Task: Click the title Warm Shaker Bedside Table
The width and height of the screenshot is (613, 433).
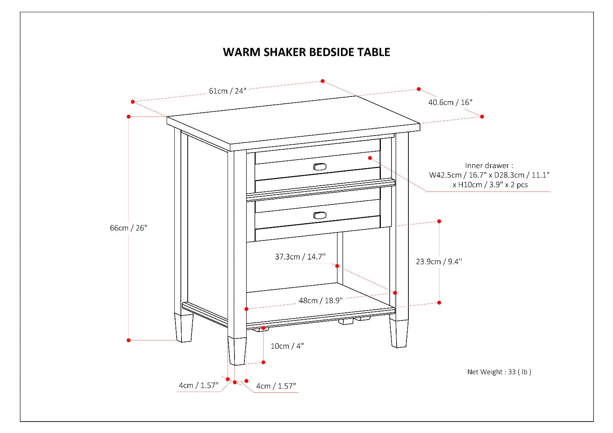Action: click(x=306, y=52)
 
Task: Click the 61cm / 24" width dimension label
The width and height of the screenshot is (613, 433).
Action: click(x=227, y=91)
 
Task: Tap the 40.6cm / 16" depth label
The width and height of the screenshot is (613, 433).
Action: click(x=450, y=102)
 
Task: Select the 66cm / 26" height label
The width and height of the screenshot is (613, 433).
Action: click(x=129, y=228)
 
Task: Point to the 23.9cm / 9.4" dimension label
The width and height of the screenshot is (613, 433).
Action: click(x=439, y=261)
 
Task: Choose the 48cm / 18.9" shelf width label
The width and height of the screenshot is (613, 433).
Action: click(x=320, y=301)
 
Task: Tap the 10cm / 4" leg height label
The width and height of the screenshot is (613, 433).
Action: click(x=287, y=346)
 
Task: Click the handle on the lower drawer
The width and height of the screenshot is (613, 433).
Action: click(x=320, y=216)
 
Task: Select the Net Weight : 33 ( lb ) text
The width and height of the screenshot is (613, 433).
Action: click(x=499, y=372)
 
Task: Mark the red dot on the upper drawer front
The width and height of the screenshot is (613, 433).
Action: click(x=370, y=158)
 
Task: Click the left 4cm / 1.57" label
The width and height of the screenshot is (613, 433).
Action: click(x=198, y=385)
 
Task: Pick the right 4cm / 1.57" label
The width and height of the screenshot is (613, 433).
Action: click(x=276, y=386)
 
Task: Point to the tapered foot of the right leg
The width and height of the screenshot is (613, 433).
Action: click(x=399, y=333)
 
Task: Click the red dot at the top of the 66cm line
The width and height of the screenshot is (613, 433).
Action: click(x=129, y=116)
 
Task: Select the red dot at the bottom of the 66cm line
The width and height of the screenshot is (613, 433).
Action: click(x=129, y=340)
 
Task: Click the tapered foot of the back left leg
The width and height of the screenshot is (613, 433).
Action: click(x=184, y=328)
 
